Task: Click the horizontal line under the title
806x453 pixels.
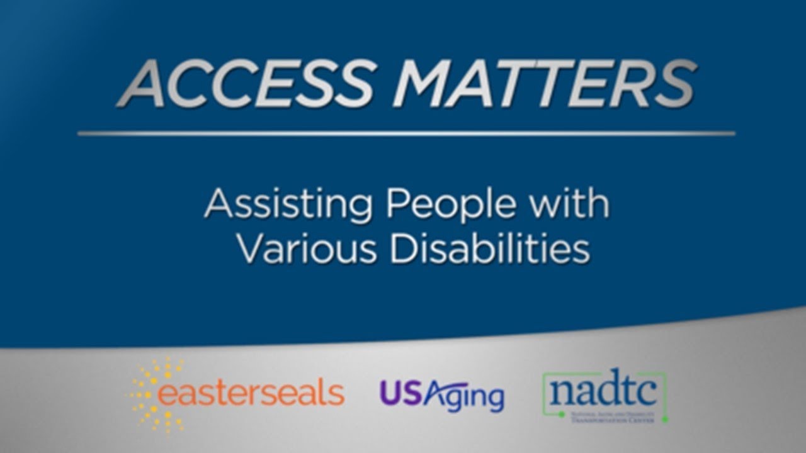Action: click(406, 133)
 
